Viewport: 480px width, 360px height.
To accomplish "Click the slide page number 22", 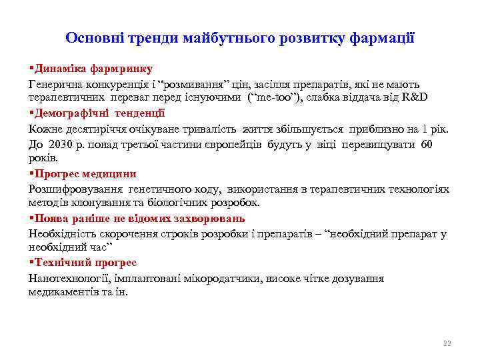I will pos(447,343).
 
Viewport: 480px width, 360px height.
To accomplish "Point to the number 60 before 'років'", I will pos(428,144).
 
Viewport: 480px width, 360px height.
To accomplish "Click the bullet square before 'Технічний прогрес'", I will pos(31,263).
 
